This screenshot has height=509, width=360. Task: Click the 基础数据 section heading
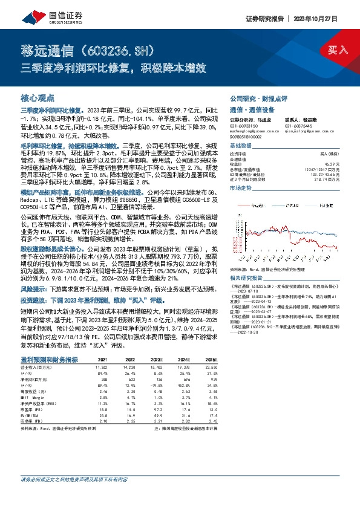click(241, 146)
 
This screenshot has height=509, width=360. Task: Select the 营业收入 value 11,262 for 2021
click(102, 366)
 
